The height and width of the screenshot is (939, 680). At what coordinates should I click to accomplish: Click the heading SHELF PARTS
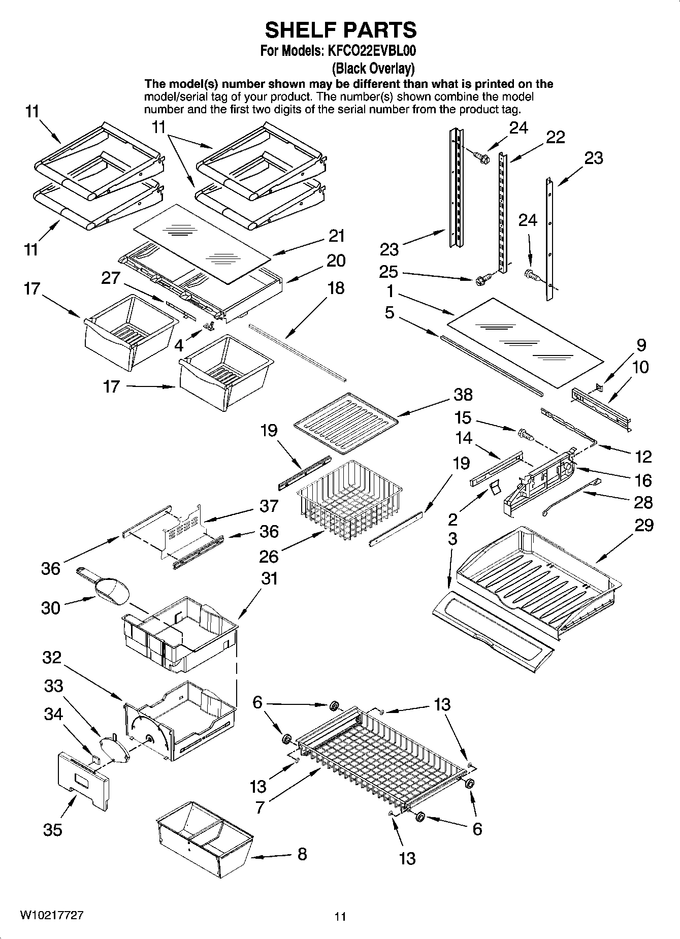340,30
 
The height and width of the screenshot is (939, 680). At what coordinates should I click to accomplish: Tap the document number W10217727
52,915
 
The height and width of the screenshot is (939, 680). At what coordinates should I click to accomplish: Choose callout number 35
52,830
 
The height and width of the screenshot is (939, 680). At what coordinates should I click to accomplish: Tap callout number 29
643,525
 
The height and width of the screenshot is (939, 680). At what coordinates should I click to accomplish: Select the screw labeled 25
483,279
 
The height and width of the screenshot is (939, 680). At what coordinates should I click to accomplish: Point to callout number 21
336,236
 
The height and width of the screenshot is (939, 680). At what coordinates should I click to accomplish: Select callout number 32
52,658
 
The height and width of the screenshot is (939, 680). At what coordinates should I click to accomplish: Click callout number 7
260,807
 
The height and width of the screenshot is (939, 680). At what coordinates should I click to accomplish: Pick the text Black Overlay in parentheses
373,68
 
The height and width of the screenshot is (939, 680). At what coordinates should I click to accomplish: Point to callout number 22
556,137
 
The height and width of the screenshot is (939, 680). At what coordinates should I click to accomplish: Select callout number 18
336,288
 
